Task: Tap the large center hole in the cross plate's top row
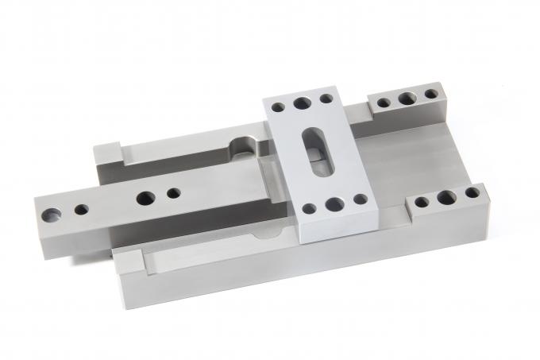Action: pos(303,103)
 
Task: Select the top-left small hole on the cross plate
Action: pos(278,106)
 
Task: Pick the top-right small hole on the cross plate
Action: pos(326,99)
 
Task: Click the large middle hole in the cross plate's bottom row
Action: pos(333,205)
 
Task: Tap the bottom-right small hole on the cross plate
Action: pos(360,199)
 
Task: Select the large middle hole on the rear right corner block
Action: pos(407,99)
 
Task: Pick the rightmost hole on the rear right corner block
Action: pos(430,94)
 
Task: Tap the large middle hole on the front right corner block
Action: pos(446,197)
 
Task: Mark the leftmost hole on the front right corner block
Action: pos(422,202)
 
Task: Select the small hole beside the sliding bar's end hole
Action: pos(81,210)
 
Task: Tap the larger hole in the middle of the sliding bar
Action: pos(146,198)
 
